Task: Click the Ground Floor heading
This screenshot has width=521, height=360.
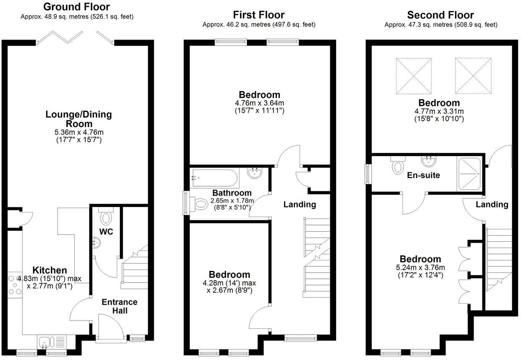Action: tap(76, 7)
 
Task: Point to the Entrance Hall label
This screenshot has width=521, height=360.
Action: tap(119, 307)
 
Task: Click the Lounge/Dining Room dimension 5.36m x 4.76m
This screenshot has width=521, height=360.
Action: tap(79, 132)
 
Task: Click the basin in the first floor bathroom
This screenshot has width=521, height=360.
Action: tap(255, 173)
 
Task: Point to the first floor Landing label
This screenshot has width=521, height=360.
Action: tap(300, 204)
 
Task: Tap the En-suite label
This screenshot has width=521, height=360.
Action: tap(423, 175)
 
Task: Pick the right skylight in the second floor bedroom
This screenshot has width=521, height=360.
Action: tap(473, 76)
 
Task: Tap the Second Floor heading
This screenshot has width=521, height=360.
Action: tap(440, 16)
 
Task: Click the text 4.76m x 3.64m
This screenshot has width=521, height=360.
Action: tap(260, 103)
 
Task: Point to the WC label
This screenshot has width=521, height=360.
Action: tap(106, 232)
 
